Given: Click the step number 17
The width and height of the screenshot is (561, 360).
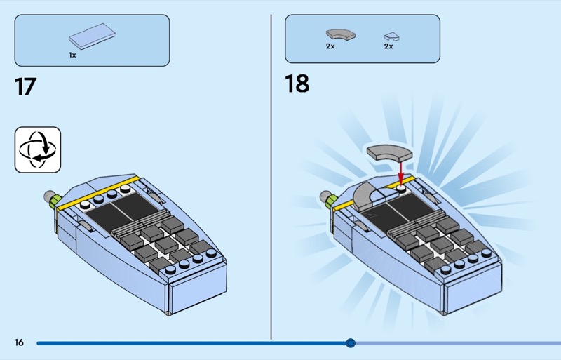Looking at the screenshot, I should click(x=25, y=86).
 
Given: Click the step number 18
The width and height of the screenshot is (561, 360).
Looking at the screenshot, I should click(x=297, y=84).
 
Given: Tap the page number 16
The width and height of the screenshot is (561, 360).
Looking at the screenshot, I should click(x=19, y=342).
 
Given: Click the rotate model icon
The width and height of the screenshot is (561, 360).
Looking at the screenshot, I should click(x=38, y=149).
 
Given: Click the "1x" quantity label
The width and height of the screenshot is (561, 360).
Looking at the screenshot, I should click(x=72, y=54).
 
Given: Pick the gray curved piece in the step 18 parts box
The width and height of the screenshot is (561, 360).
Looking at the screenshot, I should click(x=340, y=34).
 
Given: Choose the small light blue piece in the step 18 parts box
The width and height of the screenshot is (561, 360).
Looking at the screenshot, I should click(x=391, y=36).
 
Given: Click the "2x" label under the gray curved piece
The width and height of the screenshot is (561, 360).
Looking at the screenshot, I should click(x=330, y=46).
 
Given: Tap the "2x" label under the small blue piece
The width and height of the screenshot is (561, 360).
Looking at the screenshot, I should click(x=388, y=46).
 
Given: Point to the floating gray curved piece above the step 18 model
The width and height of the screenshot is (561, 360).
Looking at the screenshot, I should click(x=391, y=152).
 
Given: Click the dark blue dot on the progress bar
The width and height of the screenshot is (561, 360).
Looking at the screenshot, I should click(x=351, y=343).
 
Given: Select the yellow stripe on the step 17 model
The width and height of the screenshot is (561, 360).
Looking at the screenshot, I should click(x=98, y=197).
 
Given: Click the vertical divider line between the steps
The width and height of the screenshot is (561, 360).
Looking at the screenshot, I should click(x=271, y=175).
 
